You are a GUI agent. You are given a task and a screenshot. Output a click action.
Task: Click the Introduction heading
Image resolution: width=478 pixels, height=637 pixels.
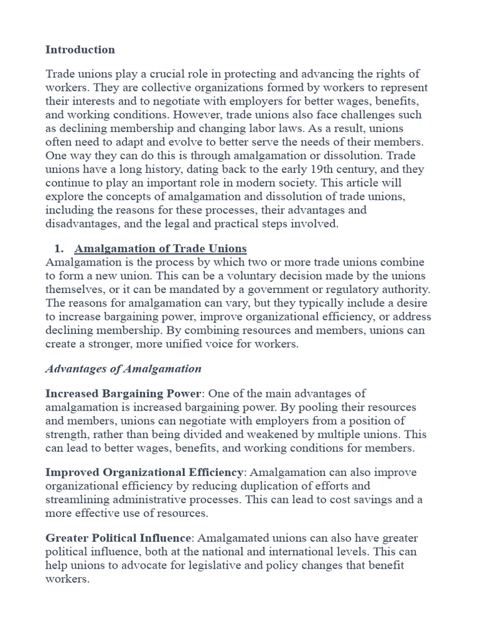[80, 49]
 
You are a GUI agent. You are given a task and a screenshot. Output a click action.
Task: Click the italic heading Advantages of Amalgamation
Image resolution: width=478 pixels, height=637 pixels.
[123, 369]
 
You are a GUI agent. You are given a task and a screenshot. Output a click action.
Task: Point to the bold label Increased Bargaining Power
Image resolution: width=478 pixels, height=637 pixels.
[123, 394]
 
